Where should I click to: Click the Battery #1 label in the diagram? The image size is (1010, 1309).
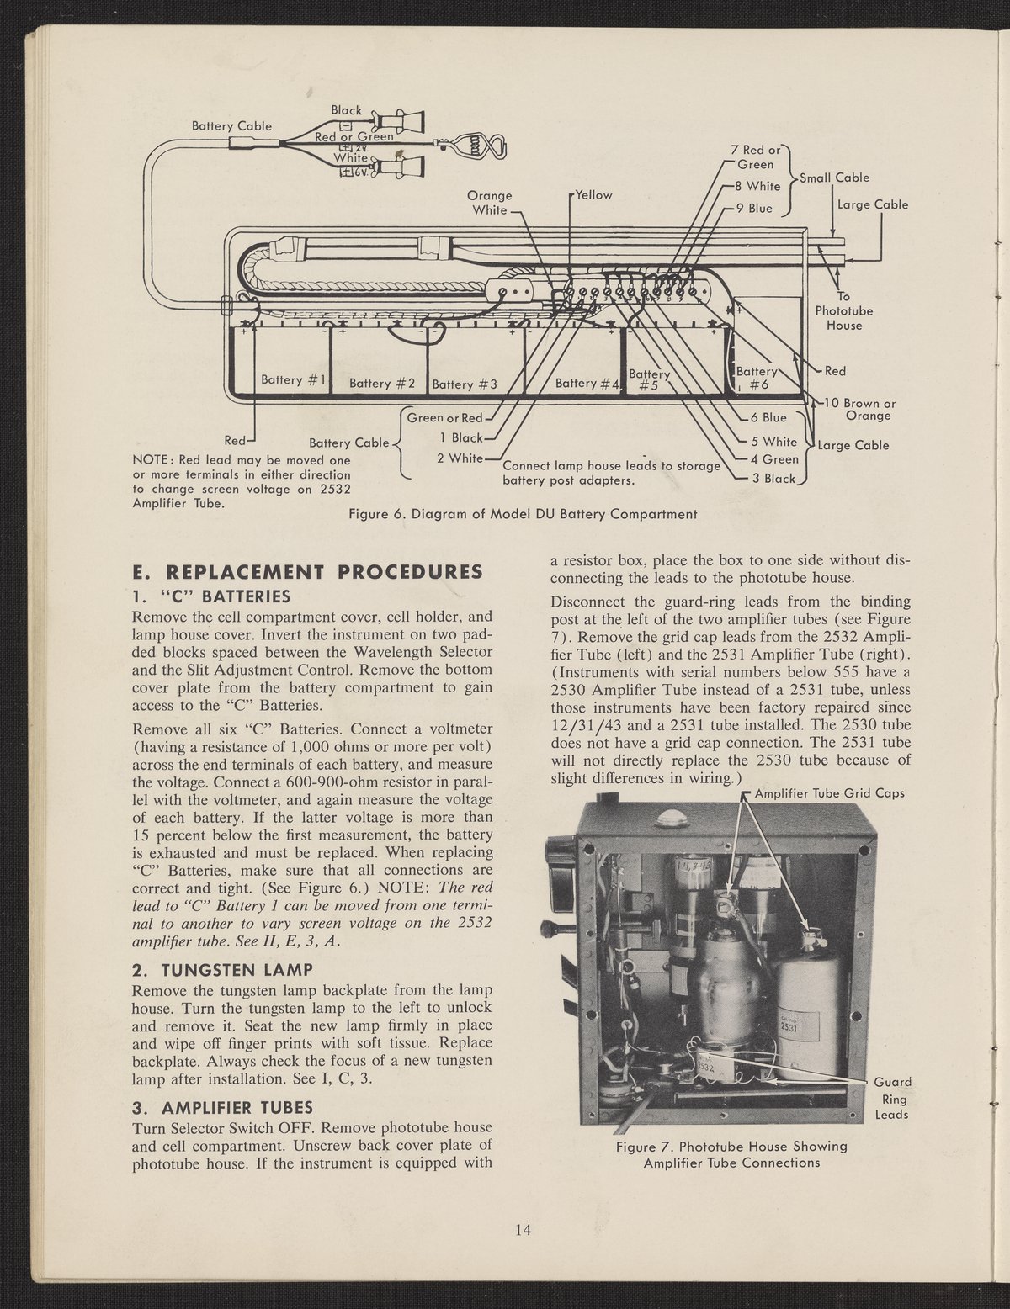[293, 379]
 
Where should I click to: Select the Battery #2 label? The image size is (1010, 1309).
[382, 384]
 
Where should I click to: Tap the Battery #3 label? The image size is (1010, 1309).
[465, 384]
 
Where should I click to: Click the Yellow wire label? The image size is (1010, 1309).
[593, 194]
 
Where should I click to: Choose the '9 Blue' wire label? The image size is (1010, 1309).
[753, 208]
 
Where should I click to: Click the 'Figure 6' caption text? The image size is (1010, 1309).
[523, 514]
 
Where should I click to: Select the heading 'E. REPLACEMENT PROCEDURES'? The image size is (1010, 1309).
[307, 572]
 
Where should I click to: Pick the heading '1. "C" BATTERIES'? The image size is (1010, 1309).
[211, 596]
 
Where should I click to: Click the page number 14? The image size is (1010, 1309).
[523, 1231]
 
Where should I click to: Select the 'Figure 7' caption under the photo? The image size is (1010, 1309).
[731, 1154]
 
